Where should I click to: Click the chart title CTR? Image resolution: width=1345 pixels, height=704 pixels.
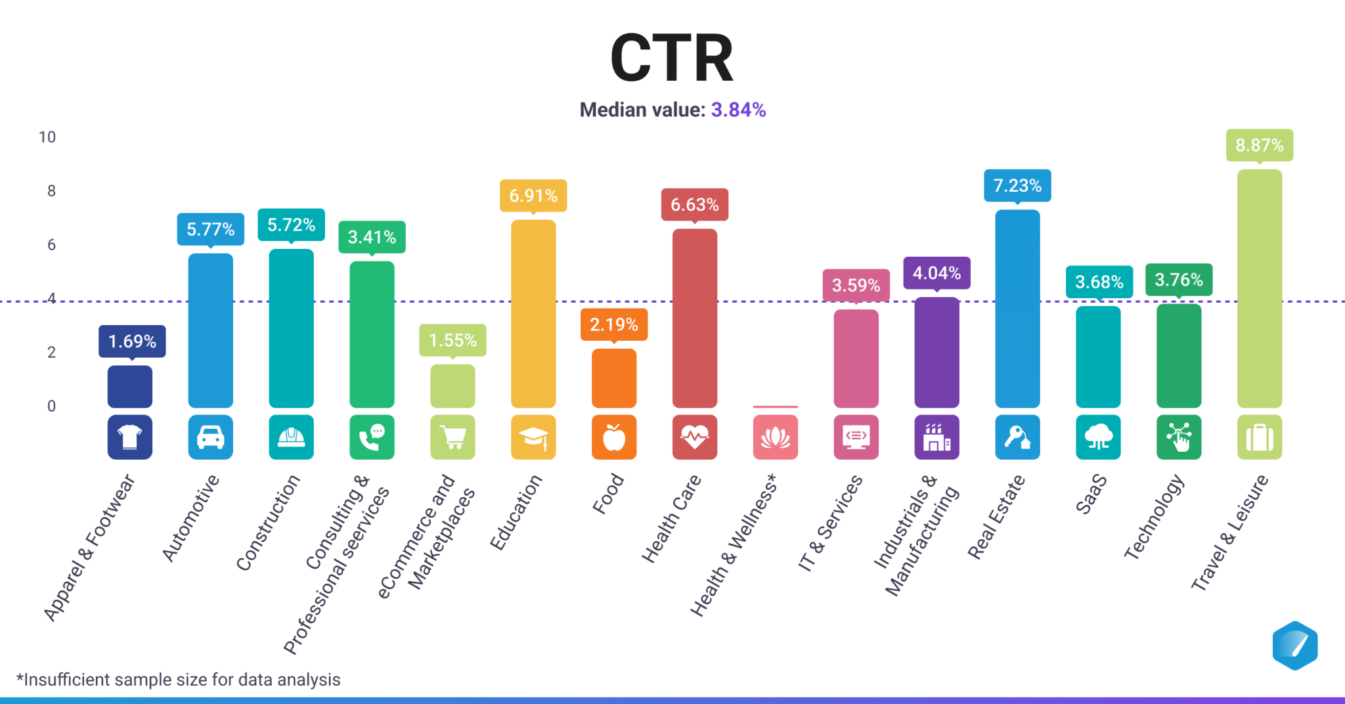671,58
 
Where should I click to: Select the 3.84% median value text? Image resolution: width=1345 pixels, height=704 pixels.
738,110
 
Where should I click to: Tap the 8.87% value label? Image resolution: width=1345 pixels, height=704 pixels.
1259,145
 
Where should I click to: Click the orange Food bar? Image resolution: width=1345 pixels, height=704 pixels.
613,378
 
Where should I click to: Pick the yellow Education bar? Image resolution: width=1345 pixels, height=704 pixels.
533,314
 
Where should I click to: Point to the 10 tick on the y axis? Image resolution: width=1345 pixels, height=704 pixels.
47,137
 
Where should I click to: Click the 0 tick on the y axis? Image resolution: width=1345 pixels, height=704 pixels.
51,406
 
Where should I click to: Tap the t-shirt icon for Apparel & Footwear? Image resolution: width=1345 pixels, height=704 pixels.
129,437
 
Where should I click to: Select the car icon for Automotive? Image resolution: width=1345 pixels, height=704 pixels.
210,437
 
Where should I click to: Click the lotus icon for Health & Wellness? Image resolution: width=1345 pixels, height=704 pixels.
775,437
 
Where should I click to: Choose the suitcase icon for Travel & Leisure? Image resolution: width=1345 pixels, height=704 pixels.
1259,437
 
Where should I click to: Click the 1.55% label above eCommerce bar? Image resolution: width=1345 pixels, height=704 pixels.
452,340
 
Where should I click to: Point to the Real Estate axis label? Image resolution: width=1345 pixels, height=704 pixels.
996,517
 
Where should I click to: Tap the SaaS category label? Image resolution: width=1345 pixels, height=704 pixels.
1091,494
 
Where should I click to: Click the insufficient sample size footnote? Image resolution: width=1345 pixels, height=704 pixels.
179,680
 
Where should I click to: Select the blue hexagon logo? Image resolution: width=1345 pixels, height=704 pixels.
1294,646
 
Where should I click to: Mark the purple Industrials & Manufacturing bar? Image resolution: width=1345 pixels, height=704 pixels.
937,353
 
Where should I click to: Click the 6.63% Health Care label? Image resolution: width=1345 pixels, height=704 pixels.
694,205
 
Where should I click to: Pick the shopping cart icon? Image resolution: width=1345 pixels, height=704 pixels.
452,437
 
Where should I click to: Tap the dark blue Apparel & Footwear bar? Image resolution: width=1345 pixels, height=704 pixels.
129,387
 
